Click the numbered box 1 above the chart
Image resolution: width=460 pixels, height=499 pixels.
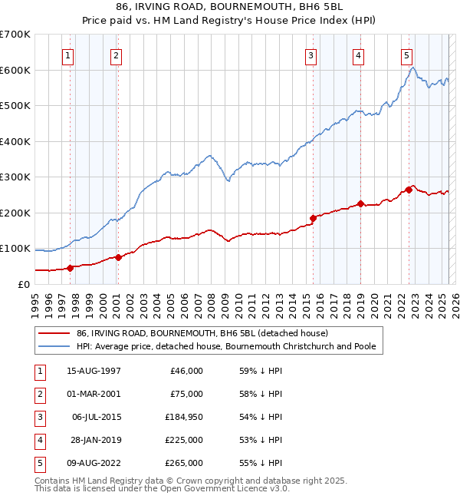[68, 55]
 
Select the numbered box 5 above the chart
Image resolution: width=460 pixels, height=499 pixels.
[406, 55]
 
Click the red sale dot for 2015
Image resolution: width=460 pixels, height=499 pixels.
[313, 218]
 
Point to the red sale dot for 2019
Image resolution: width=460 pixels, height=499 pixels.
[360, 204]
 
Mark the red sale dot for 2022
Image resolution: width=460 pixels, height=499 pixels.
[409, 190]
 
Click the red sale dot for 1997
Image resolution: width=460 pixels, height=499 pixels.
[70, 268]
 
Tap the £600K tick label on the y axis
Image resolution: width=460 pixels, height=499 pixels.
[15, 70]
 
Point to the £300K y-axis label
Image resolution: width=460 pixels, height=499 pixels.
[15, 177]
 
